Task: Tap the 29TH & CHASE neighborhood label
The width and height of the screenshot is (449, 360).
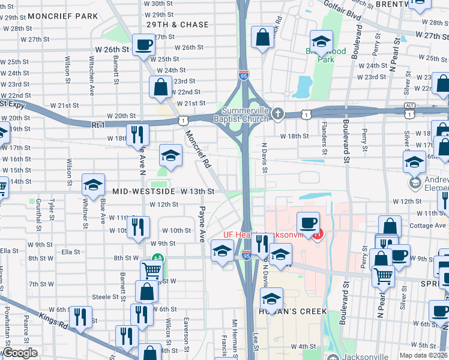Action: click(178, 25)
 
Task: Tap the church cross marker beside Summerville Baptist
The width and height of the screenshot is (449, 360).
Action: click(277, 113)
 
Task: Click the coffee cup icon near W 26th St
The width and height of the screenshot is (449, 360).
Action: click(143, 45)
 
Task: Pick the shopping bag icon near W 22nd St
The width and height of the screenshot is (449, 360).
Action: click(161, 87)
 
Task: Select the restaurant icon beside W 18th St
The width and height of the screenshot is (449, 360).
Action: click(137, 134)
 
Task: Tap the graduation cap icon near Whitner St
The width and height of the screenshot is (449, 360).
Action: click(93, 185)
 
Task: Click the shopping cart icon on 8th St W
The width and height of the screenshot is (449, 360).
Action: click(151, 271)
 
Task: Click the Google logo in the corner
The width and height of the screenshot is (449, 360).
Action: click(20, 353)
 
